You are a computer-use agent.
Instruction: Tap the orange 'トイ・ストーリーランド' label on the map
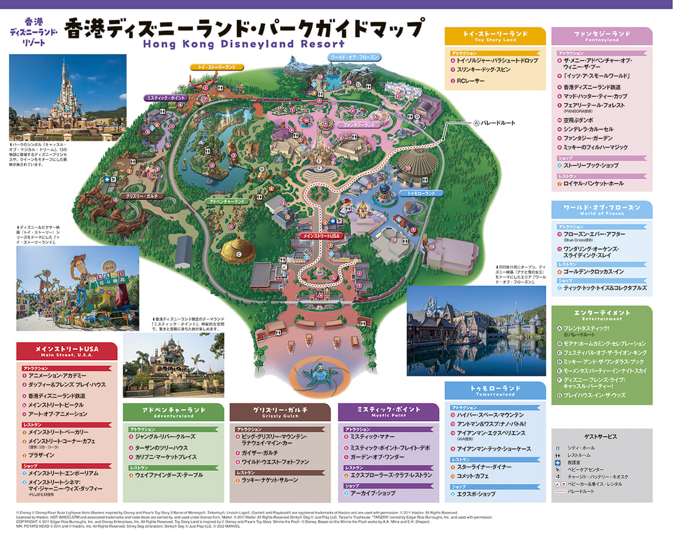pyautogui.click(x=214, y=67)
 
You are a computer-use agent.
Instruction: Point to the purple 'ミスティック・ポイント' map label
pyautogui.click(x=166, y=98)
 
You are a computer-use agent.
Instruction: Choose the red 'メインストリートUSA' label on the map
pyautogui.click(x=318, y=236)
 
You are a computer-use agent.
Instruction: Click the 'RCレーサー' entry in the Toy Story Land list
pyautogui.click(x=470, y=81)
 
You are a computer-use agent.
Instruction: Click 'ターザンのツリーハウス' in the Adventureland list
pyautogui.click(x=162, y=448)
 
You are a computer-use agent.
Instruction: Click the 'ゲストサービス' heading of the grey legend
pyautogui.click(x=601, y=436)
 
